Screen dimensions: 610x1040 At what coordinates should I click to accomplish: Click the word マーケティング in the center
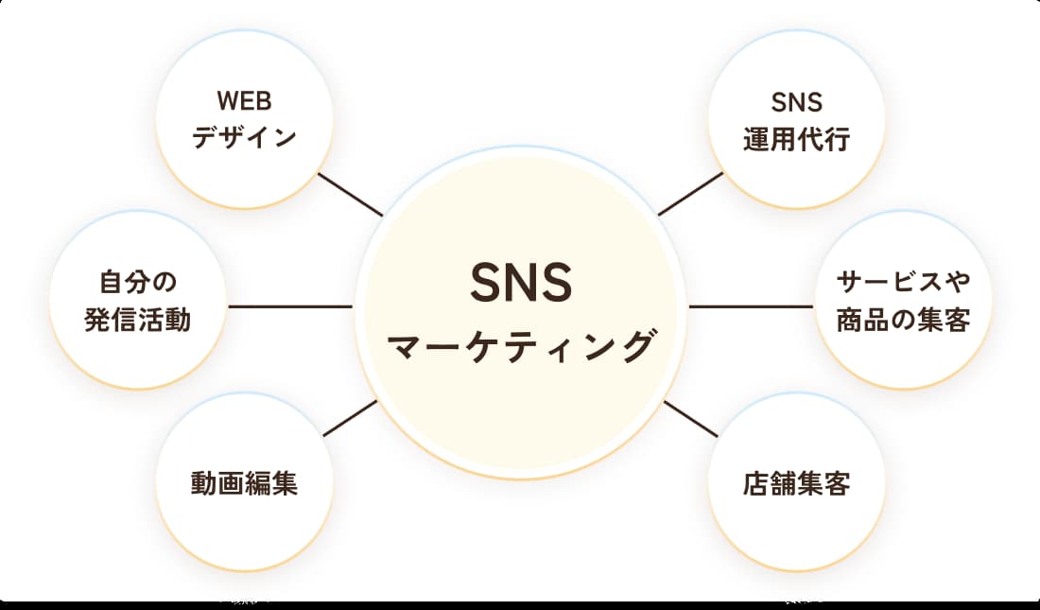[522, 346]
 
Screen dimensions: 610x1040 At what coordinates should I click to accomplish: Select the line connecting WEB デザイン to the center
[350, 194]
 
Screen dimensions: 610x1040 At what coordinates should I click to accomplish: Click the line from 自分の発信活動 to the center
[289, 306]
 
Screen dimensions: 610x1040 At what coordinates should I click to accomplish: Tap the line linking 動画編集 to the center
[350, 418]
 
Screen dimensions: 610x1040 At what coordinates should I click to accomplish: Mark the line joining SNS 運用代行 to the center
[691, 194]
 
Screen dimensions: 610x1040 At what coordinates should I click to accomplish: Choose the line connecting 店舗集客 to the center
[691, 418]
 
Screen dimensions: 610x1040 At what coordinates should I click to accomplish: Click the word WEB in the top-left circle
[244, 101]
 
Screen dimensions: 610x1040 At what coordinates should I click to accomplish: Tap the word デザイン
[245, 138]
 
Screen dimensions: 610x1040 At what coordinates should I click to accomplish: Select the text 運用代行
[796, 139]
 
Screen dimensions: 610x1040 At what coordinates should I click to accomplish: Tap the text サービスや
[903, 282]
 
